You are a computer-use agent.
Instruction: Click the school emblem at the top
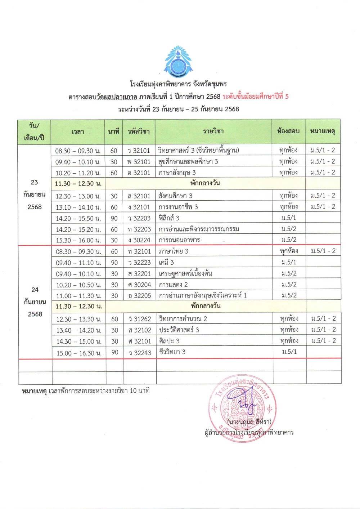pyautogui.click(x=178, y=62)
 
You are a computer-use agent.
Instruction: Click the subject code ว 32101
pyautogui.click(x=139, y=151)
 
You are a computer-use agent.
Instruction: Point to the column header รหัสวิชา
pyautogui.click(x=139, y=131)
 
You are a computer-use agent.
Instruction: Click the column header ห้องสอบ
pyautogui.click(x=288, y=131)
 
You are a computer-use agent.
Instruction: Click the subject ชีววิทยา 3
pyautogui.click(x=172, y=352)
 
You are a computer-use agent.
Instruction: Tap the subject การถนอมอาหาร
pyautogui.click(x=179, y=240)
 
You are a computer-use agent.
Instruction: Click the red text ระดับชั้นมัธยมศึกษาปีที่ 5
pyautogui.click(x=255, y=97)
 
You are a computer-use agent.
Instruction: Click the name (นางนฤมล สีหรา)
pyautogui.click(x=249, y=421)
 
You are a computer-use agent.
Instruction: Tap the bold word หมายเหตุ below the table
pyautogui.click(x=34, y=391)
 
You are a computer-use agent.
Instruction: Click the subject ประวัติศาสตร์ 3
pyautogui.click(x=179, y=330)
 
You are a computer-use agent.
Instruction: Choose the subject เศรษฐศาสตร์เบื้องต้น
pyautogui.click(x=185, y=273)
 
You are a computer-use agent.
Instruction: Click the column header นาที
pyautogui.click(x=113, y=131)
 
